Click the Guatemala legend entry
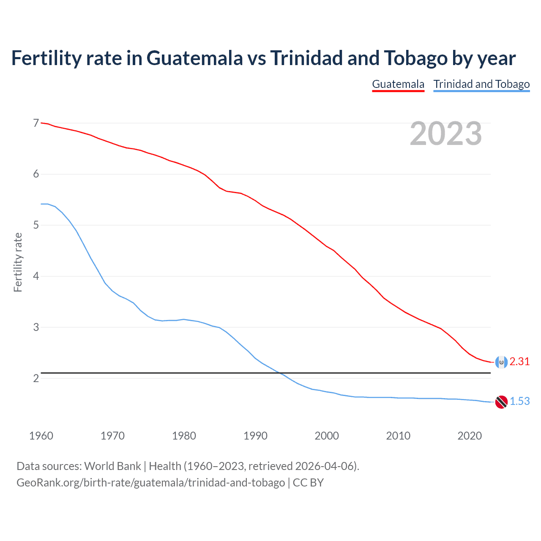coord(398,84)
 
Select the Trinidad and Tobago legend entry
coord(481,84)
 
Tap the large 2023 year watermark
coord(445,134)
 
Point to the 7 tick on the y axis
coord(36,123)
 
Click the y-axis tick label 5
coord(36,225)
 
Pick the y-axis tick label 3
coord(36,327)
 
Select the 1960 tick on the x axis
coord(41,436)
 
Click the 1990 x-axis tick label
coord(255,436)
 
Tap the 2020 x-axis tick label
coord(470,436)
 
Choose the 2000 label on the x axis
coord(327,436)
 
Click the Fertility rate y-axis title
coord(18,262)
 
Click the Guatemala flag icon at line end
coord(501,362)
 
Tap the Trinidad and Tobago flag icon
coord(501,402)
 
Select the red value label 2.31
coord(519,362)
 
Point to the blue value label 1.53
coord(519,402)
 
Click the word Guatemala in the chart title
coord(194,58)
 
